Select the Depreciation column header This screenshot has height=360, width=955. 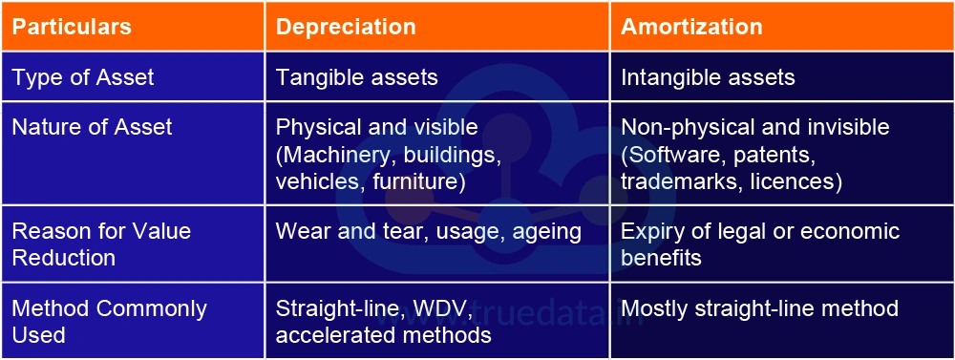tap(346, 27)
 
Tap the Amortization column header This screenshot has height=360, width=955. tap(691, 27)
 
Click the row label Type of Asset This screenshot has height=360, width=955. tap(82, 77)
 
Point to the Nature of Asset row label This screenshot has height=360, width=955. tap(92, 127)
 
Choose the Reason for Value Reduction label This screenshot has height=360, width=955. tap(101, 244)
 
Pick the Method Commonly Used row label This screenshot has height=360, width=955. tap(109, 322)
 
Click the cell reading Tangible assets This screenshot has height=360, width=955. tap(357, 77)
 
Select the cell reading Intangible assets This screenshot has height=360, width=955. tap(708, 77)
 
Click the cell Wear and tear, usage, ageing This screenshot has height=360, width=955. tap(429, 232)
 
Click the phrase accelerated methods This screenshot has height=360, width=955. tap(383, 335)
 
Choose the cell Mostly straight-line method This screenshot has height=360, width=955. tap(759, 309)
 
